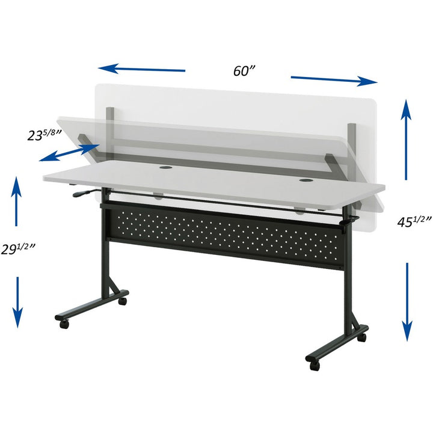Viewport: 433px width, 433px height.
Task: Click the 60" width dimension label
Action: [245, 70]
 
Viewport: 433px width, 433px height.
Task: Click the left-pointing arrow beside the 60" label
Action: [142, 69]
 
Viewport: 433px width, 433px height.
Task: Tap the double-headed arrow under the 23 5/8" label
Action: [69, 152]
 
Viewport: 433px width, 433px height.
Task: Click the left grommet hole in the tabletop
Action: [165, 168]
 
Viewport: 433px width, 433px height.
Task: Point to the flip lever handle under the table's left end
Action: [84, 194]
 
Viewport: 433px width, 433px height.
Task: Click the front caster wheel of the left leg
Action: [64, 324]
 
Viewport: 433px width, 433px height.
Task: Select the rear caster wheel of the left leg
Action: [123, 299]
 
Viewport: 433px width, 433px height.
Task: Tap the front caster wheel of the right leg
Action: [314, 364]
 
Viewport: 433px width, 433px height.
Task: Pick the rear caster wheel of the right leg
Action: [361, 337]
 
